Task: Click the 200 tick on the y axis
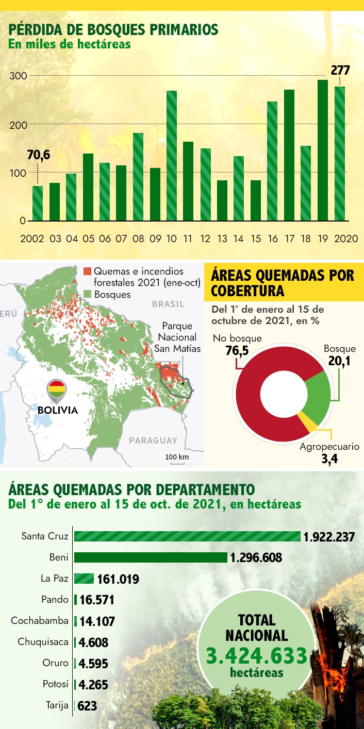coord(19,124)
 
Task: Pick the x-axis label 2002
coord(31,239)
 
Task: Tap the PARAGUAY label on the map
coord(153,440)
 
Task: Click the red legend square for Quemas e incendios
coord(87,271)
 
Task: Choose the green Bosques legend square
coord(87,295)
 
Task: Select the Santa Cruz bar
coord(187,536)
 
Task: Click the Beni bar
coord(151,557)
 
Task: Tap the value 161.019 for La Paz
coord(118,579)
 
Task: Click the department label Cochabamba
coord(40,621)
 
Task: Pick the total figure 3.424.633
coord(257,656)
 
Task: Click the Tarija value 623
coord(87,706)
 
